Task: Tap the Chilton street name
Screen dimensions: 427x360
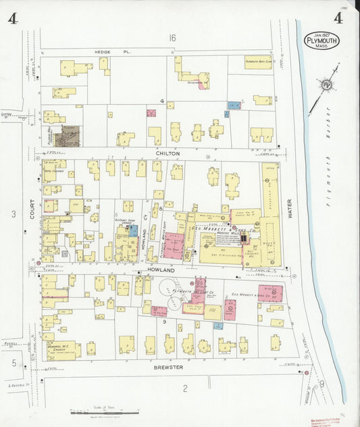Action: point(168,154)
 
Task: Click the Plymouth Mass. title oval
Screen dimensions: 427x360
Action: point(322,41)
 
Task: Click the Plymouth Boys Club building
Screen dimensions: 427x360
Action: point(259,61)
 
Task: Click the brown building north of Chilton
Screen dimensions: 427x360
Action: point(68,135)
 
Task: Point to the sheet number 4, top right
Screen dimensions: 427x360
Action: point(338,18)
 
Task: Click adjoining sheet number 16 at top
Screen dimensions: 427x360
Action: point(172,38)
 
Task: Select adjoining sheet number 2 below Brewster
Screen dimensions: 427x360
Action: point(184,388)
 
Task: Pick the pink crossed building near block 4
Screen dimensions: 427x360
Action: point(151,113)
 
